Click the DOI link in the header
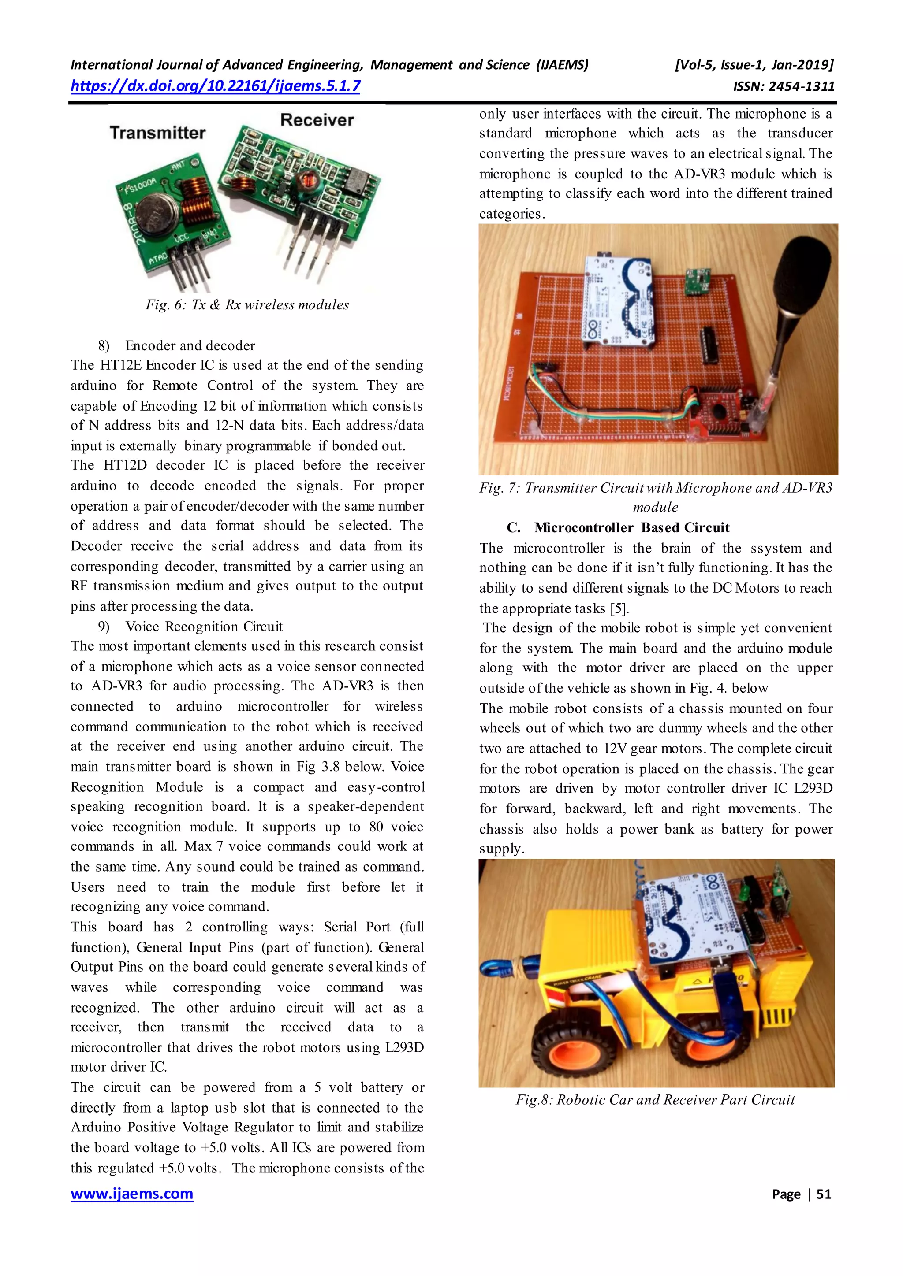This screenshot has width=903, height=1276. [215, 86]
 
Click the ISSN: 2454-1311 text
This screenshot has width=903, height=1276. [784, 87]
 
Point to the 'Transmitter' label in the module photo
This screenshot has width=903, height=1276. [157, 133]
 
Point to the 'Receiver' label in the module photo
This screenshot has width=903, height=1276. [317, 119]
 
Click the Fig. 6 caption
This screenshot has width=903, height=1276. [247, 304]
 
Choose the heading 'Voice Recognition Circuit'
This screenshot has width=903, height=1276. [204, 627]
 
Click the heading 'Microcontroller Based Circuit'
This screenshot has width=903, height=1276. [632, 527]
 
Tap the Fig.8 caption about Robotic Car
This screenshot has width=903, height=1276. [655, 1099]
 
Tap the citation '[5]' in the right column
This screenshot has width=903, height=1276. [619, 608]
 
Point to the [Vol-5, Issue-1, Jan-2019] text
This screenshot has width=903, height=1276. [754, 65]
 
